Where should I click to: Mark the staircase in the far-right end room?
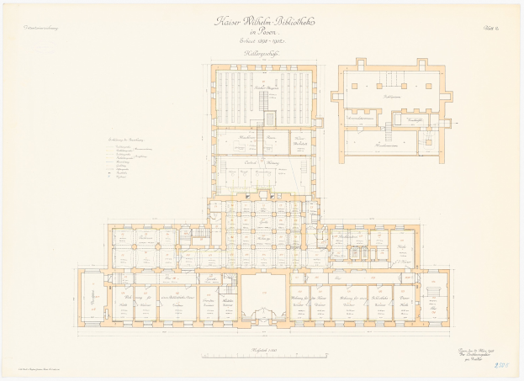(x=434, y=292)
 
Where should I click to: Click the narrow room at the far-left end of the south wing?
(x=91, y=299)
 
